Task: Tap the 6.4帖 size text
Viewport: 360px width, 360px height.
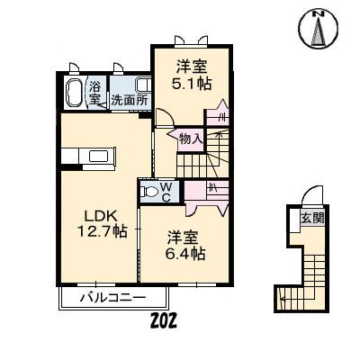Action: click(187, 254)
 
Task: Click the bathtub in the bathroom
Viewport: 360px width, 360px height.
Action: click(75, 93)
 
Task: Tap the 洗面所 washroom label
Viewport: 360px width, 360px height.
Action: click(130, 100)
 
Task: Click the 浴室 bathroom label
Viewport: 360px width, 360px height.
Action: click(95, 93)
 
